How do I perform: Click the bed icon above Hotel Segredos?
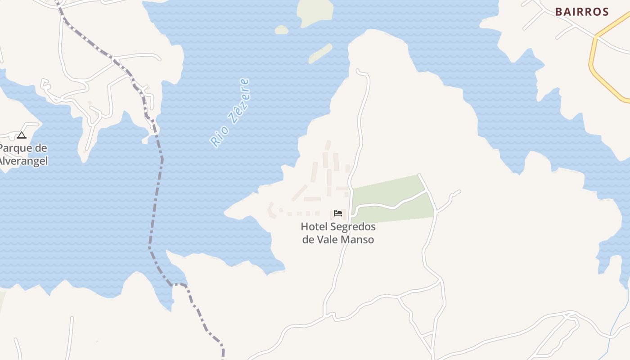(x=338, y=213)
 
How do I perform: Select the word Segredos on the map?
(x=356, y=227)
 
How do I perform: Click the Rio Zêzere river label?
(x=230, y=113)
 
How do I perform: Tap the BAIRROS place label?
(x=582, y=12)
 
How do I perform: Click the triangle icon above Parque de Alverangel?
(x=22, y=135)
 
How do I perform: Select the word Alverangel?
(x=23, y=161)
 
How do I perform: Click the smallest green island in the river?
(x=281, y=30)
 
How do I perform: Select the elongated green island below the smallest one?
(x=320, y=54)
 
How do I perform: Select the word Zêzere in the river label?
(x=238, y=101)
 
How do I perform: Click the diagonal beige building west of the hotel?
(x=299, y=193)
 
